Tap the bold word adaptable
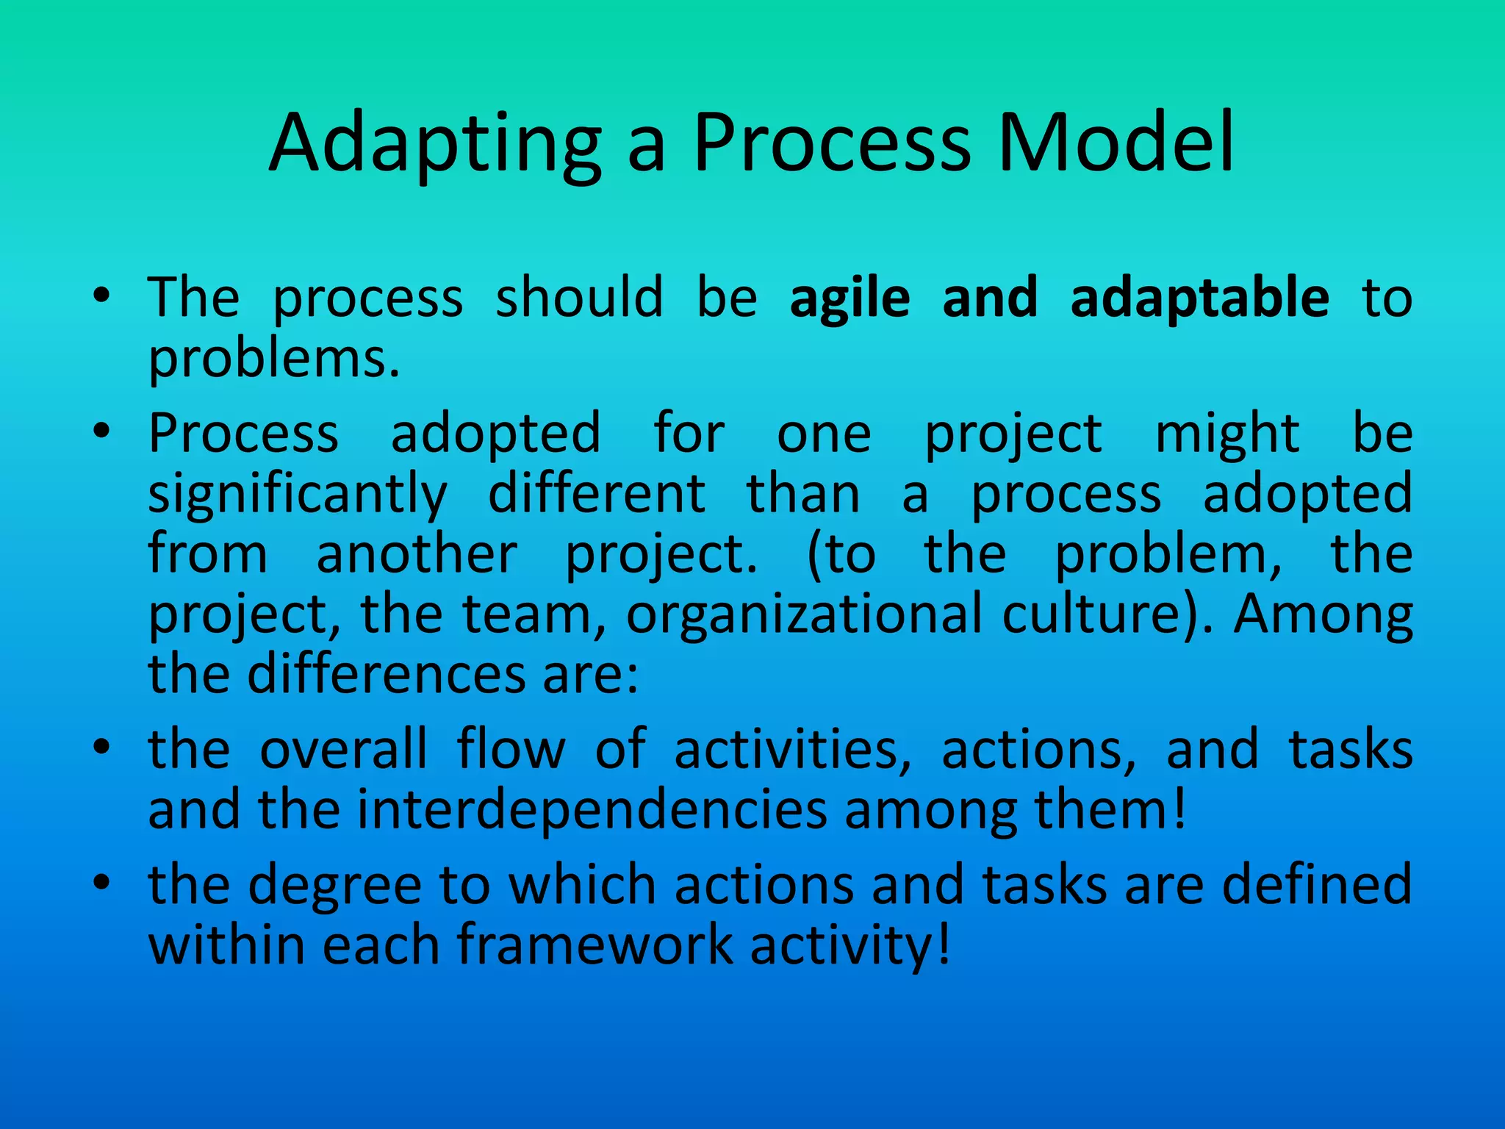(1199, 297)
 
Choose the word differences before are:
(387, 674)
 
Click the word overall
(343, 749)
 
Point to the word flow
(511, 749)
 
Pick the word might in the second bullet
(1227, 434)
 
